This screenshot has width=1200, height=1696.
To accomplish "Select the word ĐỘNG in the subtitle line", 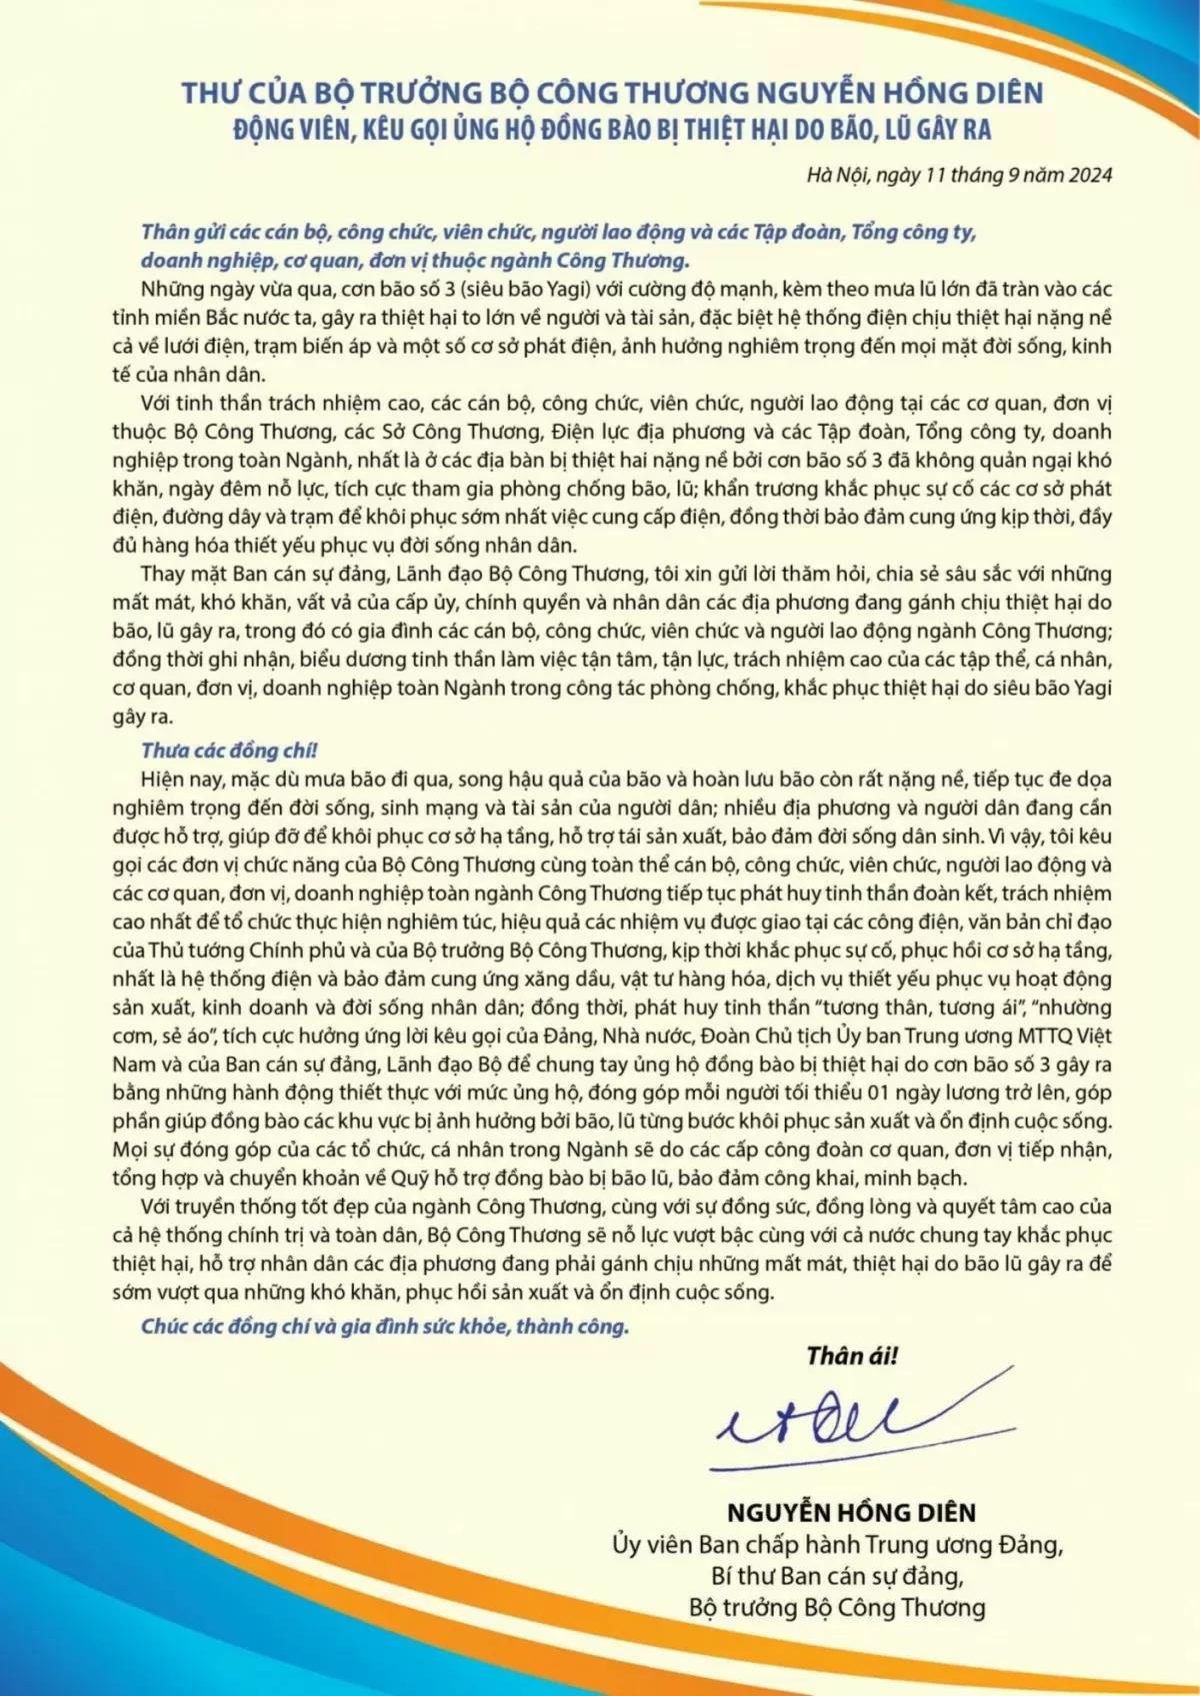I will [x=261, y=130].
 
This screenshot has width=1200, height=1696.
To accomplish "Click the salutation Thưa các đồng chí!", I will [x=229, y=751].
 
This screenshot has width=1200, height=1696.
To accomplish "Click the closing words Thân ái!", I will [x=852, y=1356].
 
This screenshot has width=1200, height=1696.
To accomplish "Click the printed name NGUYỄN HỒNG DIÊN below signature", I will [x=851, y=1512].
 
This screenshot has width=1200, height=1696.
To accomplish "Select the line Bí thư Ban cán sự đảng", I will [x=837, y=1576].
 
